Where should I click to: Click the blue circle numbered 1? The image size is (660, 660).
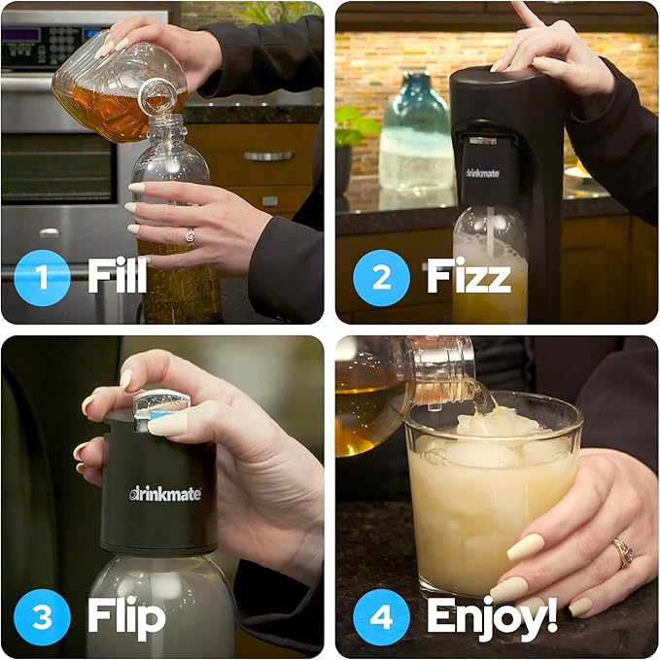pyautogui.click(x=41, y=277)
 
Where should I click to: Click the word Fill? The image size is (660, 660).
pyautogui.click(x=118, y=277)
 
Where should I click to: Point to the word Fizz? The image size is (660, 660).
pyautogui.click(x=468, y=277)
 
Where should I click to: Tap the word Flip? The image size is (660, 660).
pyautogui.click(x=125, y=616)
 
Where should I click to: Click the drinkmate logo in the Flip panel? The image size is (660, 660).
pyautogui.click(x=166, y=493)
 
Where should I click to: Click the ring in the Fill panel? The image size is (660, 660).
pyautogui.click(x=190, y=235)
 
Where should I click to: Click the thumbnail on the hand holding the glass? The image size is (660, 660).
pyautogui.click(x=525, y=546)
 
